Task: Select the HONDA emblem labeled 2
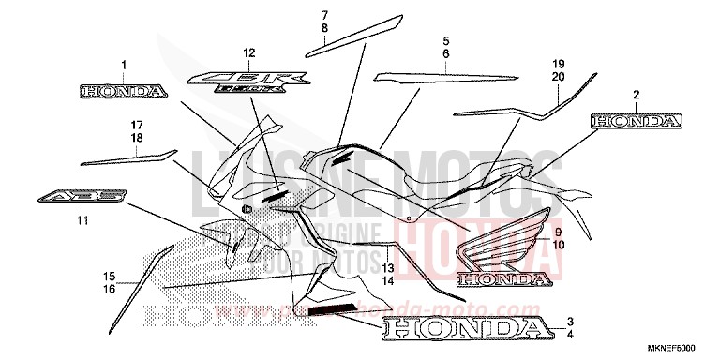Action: (636, 121)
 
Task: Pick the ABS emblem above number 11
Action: (81, 198)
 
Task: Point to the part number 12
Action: (248, 52)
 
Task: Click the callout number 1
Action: (123, 64)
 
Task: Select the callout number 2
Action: (636, 95)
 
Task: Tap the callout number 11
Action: (82, 221)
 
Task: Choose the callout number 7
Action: (325, 16)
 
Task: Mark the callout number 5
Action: (446, 41)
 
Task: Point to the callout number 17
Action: (137, 125)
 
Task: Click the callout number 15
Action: (109, 276)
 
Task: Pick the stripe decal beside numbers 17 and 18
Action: (127, 157)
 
